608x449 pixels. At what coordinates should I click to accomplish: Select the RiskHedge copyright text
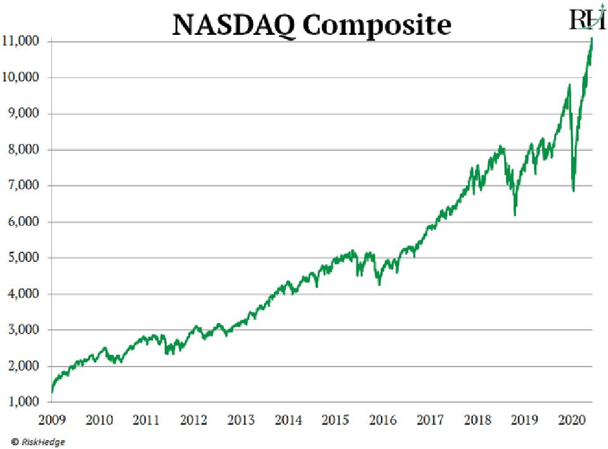coord(37,441)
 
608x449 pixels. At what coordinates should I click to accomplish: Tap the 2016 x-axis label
coord(382,420)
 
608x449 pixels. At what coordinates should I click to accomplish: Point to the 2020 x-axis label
coord(571,420)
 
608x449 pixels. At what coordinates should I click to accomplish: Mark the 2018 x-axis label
coord(477,420)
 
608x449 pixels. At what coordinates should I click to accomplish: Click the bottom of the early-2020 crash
coord(573,191)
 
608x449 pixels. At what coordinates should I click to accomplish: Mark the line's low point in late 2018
coord(515,215)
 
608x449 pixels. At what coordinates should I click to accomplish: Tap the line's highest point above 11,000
coord(592,39)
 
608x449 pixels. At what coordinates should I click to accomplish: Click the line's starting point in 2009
coord(52,393)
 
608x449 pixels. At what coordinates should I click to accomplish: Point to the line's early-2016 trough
coord(379,285)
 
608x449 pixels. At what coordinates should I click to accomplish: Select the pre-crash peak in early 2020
coord(569,84)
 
